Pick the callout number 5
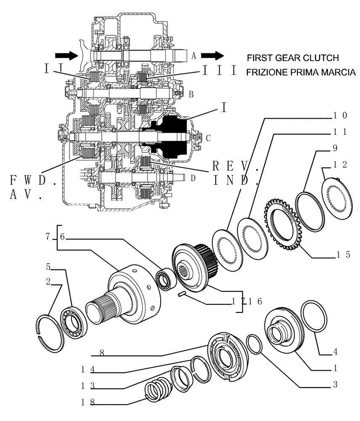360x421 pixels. pos(48,266)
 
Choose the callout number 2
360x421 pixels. pos(48,282)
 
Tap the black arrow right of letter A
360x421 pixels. pos(212,55)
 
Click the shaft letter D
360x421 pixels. pos(193,178)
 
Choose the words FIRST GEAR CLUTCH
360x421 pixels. pos(292,58)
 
